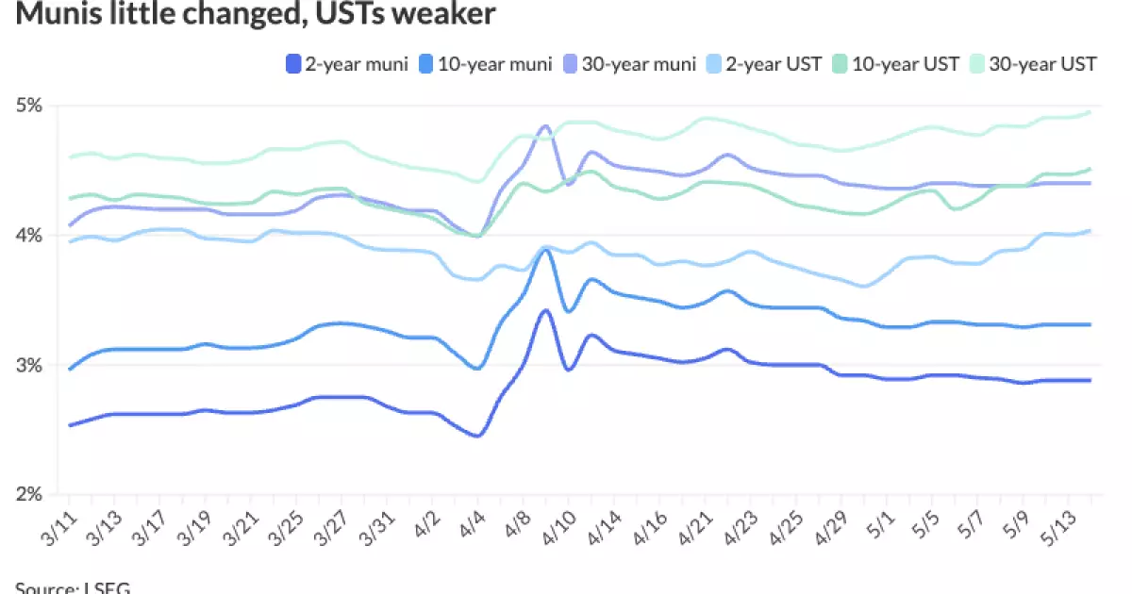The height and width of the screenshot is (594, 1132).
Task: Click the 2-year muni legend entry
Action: (346, 64)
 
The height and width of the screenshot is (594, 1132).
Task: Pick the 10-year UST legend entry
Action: (904, 64)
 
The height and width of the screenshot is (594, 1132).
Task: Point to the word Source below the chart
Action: (43, 587)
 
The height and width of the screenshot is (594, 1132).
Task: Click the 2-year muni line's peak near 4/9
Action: (545, 310)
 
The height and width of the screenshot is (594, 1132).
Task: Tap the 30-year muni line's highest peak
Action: (545, 126)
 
